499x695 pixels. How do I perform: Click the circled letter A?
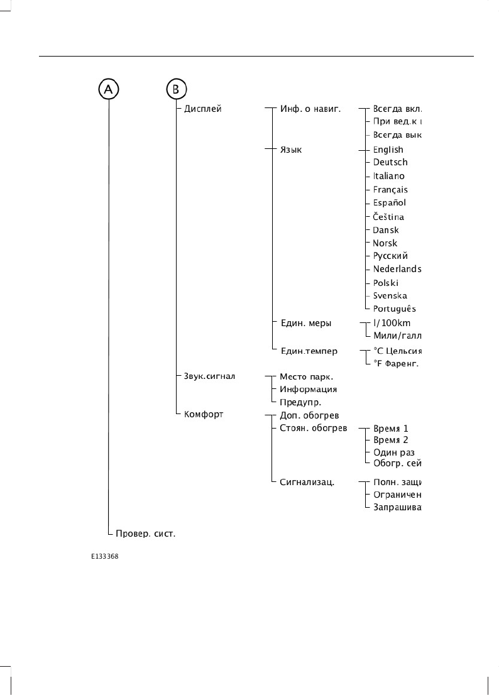[109, 89]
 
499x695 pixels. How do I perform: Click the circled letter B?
[176, 89]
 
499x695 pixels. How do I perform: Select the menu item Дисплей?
[203, 109]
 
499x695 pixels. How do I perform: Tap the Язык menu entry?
[290, 150]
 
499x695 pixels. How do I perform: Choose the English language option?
[388, 150]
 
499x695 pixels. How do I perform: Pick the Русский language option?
[390, 256]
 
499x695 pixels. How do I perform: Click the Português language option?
[394, 309]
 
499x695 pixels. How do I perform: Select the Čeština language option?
[388, 217]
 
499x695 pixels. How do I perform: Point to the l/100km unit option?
[392, 323]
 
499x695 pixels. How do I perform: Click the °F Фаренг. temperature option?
[396, 363]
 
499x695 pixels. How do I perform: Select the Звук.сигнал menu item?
[209, 376]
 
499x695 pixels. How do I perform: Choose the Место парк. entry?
[306, 376]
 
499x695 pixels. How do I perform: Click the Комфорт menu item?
[204, 415]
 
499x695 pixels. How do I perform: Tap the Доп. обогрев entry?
[309, 416]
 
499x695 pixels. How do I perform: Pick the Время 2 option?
[390, 440]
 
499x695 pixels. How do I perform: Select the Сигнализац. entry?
[307, 483]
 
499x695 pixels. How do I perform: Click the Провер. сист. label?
[145, 534]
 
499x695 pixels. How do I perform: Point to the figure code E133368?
[104, 557]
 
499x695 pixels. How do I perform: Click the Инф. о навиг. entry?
[310, 109]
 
